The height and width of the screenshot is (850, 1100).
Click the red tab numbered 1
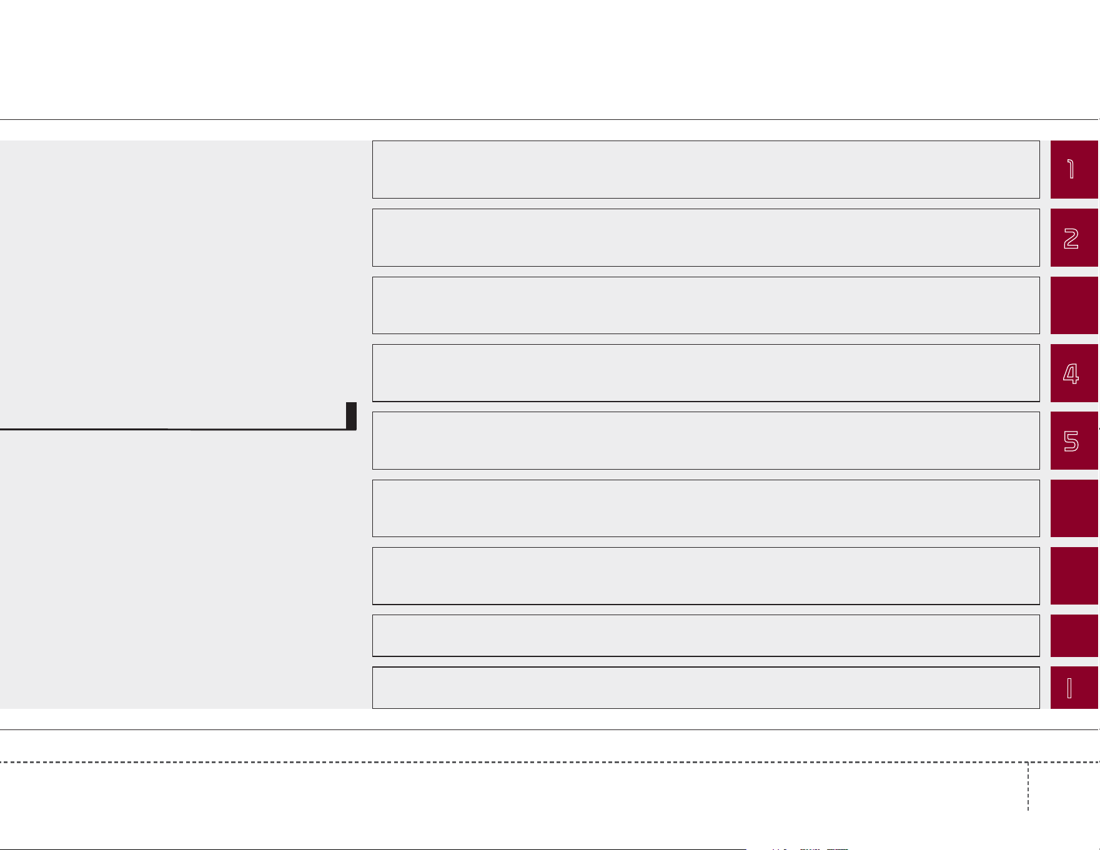click(x=1074, y=169)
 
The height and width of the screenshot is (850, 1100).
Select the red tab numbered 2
click(x=1074, y=237)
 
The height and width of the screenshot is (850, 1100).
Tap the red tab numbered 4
click(x=1074, y=373)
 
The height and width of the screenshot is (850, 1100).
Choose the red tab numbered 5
click(x=1074, y=440)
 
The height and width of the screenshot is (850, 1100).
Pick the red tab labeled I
click(x=1074, y=688)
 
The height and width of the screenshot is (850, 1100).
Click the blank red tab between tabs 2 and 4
click(x=1074, y=305)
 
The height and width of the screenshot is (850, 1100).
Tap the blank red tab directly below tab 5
click(x=1074, y=508)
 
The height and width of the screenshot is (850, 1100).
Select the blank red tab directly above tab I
click(x=1074, y=636)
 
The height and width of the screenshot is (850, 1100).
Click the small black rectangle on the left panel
click(x=351, y=416)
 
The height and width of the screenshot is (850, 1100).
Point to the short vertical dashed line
click(x=1028, y=786)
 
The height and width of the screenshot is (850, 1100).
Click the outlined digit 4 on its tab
click(x=1071, y=373)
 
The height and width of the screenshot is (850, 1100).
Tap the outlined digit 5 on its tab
click(x=1071, y=441)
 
